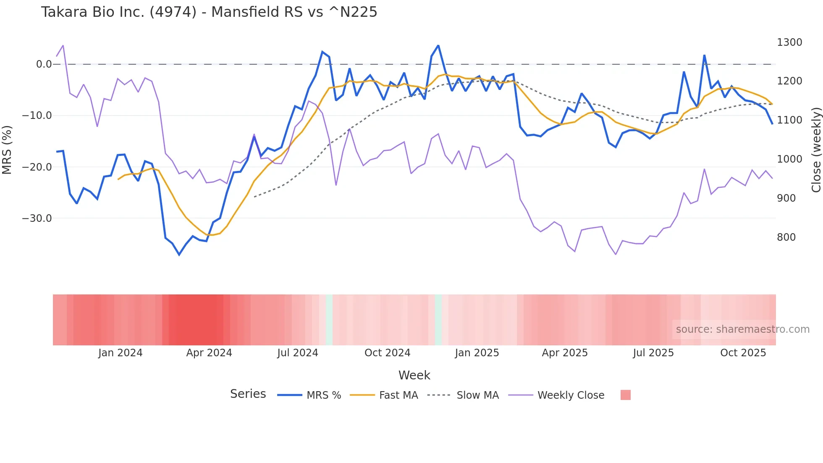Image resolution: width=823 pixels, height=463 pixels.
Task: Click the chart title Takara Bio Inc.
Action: click(209, 12)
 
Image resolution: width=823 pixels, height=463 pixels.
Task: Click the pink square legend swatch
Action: click(625, 395)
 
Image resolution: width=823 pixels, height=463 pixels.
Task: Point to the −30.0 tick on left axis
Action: click(37, 218)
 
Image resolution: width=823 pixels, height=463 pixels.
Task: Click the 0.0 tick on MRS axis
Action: click(44, 64)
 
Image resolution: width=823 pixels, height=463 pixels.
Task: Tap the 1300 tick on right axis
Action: click(789, 42)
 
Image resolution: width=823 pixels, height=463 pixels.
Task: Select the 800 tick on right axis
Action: click(786, 237)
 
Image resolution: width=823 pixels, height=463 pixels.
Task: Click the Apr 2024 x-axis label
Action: click(209, 353)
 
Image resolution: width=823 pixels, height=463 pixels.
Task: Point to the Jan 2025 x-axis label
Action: click(477, 353)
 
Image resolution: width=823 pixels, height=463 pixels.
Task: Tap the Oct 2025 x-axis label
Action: click(743, 353)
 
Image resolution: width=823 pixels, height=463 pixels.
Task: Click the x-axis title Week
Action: click(414, 375)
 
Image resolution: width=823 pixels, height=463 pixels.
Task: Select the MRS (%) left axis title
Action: click(7, 150)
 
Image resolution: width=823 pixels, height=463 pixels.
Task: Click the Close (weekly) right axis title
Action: click(816, 150)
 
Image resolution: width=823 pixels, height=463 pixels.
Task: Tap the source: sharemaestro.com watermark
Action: click(742, 329)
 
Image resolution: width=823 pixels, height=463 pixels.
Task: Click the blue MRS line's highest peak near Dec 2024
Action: click(438, 45)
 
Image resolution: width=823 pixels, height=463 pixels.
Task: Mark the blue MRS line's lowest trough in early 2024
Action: click(179, 255)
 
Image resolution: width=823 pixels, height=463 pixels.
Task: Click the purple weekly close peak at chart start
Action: click(63, 45)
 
